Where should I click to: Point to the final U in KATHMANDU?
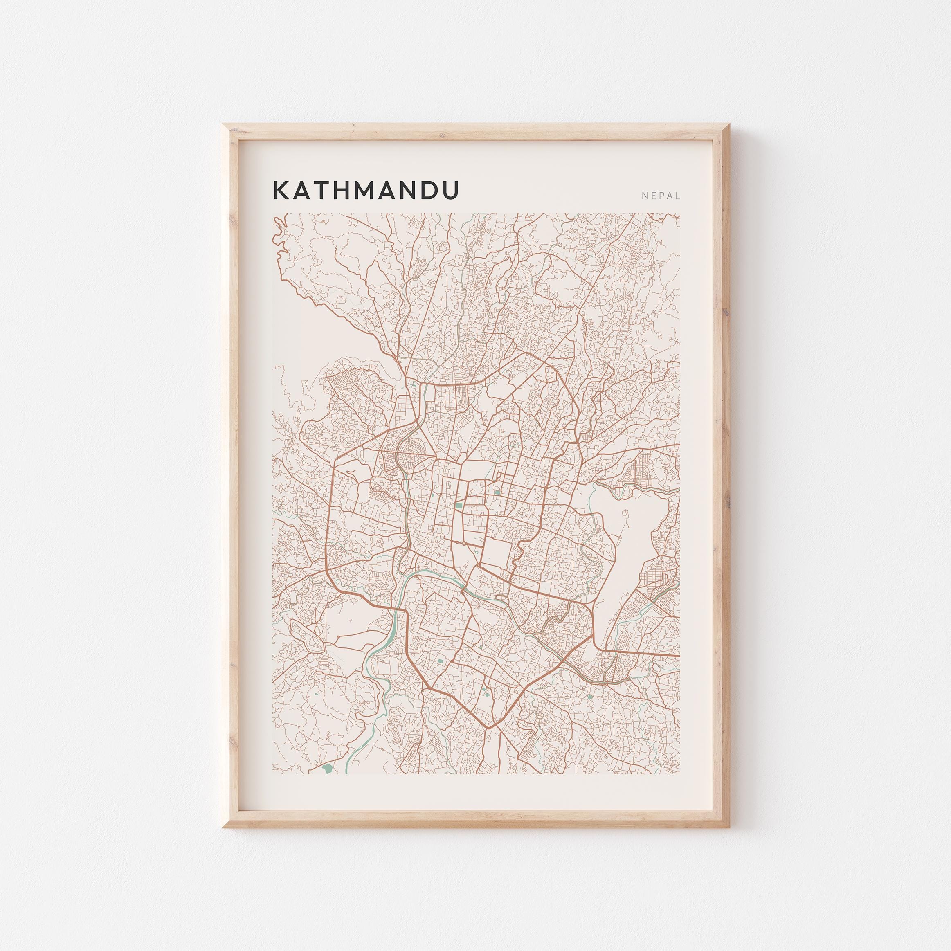[x=448, y=190]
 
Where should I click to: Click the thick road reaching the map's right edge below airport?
[x=655, y=654]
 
